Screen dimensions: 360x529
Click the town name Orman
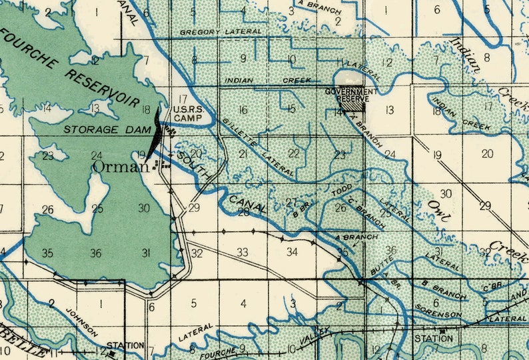click(x=121, y=167)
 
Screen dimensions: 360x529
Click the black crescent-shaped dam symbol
click(x=156, y=131)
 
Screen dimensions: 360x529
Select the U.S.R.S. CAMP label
click(x=183, y=114)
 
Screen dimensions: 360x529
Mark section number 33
click(x=243, y=252)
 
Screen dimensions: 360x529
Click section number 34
click(x=292, y=252)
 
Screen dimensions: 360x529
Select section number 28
click(x=244, y=212)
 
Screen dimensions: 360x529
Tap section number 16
click(x=243, y=110)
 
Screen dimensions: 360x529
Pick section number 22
click(x=293, y=153)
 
